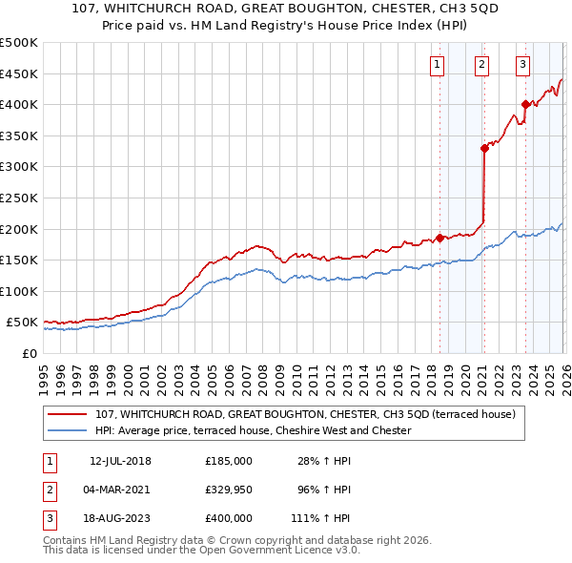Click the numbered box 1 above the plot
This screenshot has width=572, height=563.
[x=437, y=65]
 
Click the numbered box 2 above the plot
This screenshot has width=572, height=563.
[x=481, y=65]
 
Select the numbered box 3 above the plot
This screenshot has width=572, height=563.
[x=523, y=65]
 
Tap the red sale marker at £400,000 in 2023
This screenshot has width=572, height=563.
[x=525, y=105]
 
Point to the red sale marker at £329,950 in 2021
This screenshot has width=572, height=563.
[x=484, y=148]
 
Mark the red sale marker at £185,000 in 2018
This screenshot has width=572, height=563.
[x=439, y=238]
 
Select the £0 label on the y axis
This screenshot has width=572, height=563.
[x=29, y=353]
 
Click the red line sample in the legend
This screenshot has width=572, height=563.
[x=68, y=414]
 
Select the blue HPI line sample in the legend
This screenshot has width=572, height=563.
[x=68, y=430]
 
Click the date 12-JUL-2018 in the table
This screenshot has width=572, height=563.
[x=121, y=461]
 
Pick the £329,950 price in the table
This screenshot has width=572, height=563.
[x=228, y=490]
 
